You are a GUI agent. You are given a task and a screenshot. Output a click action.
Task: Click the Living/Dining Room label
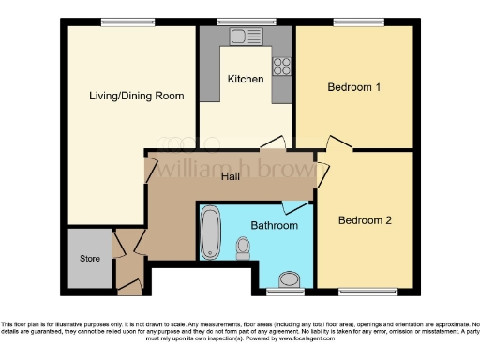[136, 96]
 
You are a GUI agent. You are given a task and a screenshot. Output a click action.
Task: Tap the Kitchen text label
[246, 79]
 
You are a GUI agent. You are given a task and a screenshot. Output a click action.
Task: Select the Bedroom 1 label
[353, 87]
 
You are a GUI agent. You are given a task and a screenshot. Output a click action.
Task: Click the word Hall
[230, 176]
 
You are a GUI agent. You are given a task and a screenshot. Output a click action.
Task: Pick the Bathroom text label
[274, 225]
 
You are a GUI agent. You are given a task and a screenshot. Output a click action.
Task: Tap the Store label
[89, 258]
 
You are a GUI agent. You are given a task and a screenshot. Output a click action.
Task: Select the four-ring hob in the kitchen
[280, 65]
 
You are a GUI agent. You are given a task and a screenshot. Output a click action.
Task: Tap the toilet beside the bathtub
[244, 247]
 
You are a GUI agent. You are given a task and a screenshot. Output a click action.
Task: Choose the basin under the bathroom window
[290, 277]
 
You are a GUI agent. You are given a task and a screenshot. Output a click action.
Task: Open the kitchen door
[273, 142]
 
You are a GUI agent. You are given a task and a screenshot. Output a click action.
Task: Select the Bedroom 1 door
[334, 142]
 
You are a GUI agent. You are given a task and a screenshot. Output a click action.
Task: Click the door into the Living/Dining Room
[149, 169]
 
